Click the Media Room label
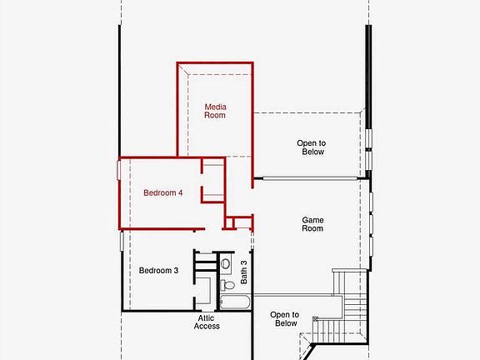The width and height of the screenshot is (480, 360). click(x=215, y=111)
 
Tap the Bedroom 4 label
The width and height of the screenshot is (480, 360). click(x=162, y=192)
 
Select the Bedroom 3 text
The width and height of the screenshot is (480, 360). click(x=158, y=270)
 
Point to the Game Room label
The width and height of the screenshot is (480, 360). click(x=312, y=224)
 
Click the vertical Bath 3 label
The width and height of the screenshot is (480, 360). click(x=244, y=270)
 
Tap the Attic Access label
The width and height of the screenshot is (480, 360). click(x=207, y=322)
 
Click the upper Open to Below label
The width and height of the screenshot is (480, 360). click(x=311, y=147)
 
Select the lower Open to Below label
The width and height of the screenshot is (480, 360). click(x=285, y=319)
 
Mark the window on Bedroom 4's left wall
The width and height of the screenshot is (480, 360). click(x=119, y=170)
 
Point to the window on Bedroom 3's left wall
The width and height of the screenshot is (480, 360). click(x=122, y=242)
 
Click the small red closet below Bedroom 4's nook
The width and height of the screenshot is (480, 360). click(x=240, y=222)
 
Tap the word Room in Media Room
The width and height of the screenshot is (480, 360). click(x=215, y=115)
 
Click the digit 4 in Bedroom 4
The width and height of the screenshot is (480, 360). click(x=179, y=192)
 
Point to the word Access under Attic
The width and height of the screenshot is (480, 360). click(x=207, y=326)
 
